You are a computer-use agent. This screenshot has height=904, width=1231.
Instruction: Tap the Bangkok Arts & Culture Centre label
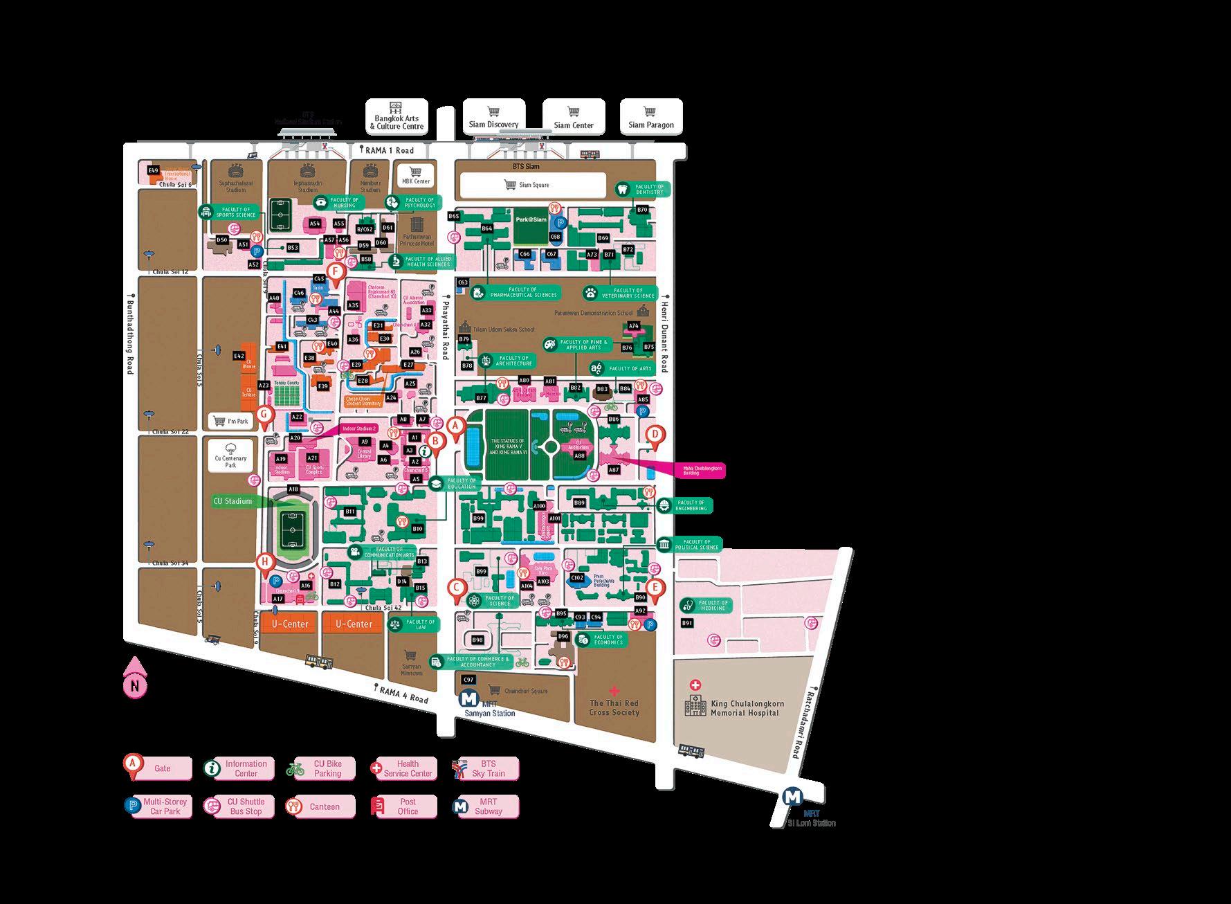click(396, 118)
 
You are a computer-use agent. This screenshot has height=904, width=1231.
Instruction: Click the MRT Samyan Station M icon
click(468, 699)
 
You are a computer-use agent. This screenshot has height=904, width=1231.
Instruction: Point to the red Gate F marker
click(336, 273)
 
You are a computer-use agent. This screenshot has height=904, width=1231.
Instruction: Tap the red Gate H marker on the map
click(265, 563)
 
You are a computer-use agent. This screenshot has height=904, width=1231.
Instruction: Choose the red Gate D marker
click(655, 436)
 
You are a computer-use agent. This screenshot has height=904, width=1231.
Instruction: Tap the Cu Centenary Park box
click(230, 458)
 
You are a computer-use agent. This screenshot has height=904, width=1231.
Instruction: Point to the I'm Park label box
click(231, 421)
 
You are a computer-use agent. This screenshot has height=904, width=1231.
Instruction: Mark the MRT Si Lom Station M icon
click(793, 797)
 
